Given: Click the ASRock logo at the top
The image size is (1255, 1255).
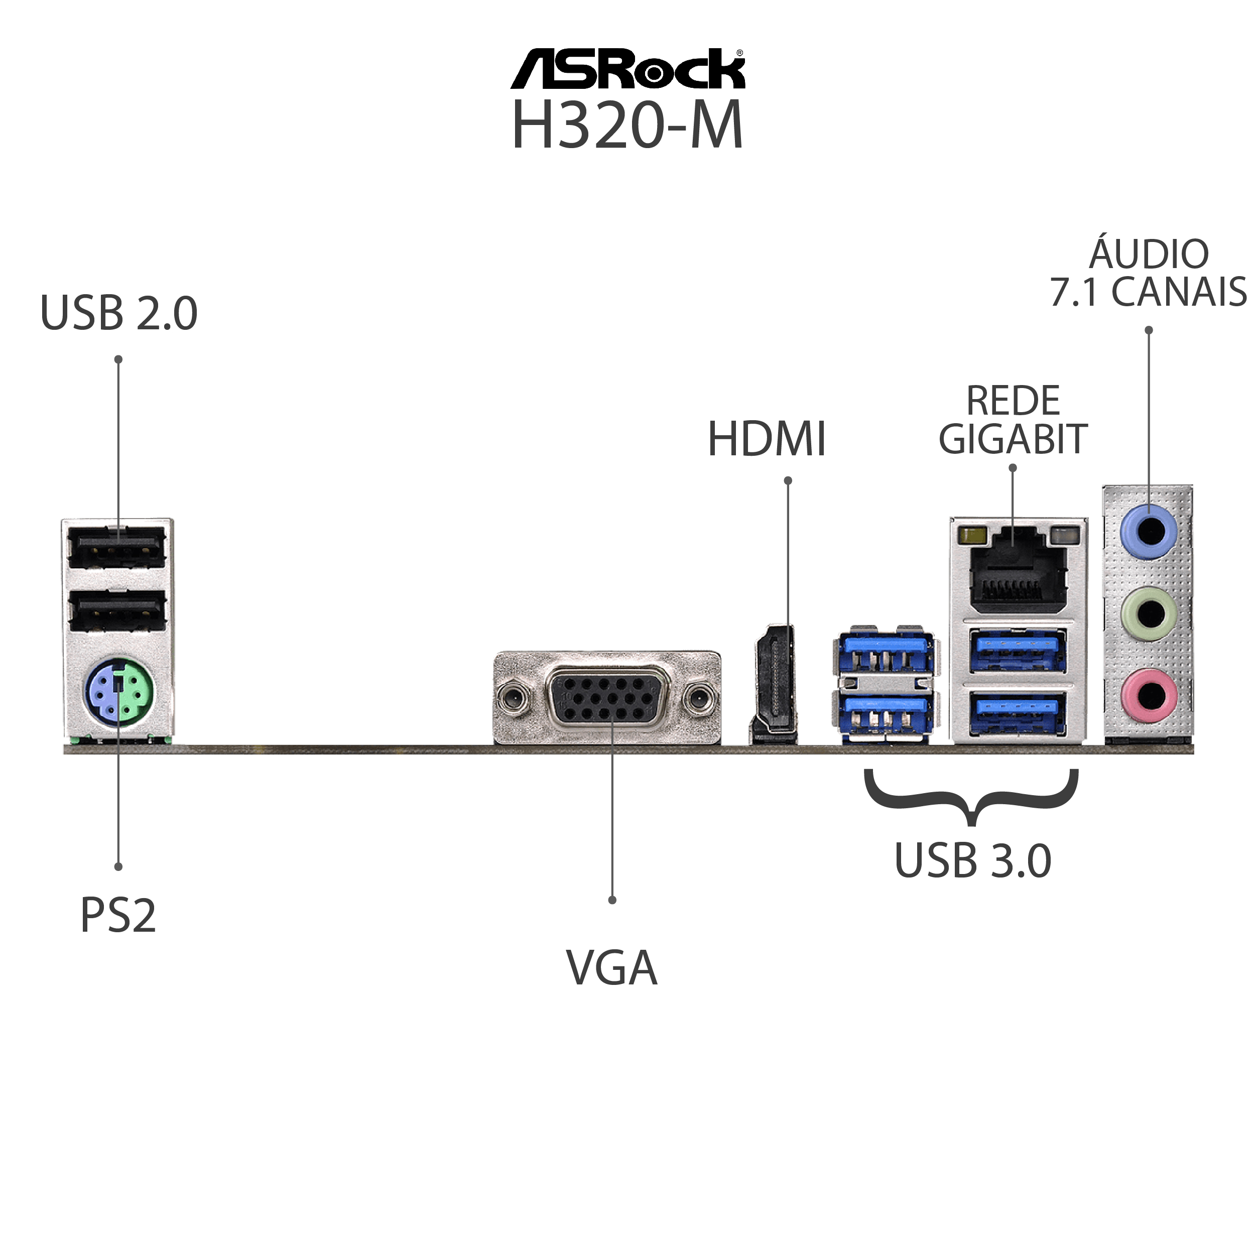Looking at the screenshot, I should pos(627,68).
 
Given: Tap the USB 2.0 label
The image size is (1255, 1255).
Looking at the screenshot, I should pos(119,313).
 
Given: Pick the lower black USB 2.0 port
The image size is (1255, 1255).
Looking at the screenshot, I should pos(117,610).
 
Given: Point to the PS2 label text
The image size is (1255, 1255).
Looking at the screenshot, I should pos(118,916).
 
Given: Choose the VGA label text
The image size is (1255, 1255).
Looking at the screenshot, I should pos(612,968).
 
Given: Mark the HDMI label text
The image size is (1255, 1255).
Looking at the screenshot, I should pos(767,439).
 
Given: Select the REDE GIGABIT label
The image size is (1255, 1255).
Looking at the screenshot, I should pos(1013,420).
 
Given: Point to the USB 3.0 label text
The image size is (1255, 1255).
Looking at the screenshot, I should pos(972,861).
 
